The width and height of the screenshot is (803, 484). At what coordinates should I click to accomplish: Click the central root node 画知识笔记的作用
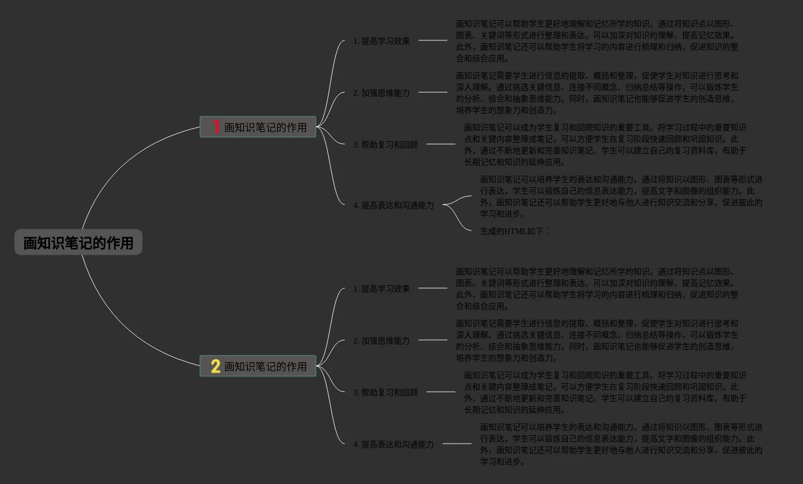(78, 243)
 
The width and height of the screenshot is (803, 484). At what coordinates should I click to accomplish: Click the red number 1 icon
(216, 127)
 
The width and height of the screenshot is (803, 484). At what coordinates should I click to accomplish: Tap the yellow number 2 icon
(216, 366)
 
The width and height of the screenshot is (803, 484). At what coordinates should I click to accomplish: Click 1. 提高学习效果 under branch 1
(382, 41)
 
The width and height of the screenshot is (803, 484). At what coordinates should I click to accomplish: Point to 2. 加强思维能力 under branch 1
(382, 93)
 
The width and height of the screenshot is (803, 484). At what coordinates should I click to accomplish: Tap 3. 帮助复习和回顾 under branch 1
(386, 145)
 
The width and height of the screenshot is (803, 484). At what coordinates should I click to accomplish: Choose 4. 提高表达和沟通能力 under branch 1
(394, 205)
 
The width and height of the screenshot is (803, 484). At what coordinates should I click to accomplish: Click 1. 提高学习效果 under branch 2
(382, 289)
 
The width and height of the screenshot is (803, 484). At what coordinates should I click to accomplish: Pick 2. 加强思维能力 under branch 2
(382, 341)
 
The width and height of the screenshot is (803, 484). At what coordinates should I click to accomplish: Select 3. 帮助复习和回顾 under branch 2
(386, 392)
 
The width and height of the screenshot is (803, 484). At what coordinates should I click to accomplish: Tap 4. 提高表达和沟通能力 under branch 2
(394, 444)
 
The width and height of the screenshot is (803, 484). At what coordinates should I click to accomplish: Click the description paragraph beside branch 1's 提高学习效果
(597, 41)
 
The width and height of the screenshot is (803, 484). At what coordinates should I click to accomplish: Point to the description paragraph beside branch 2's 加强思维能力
(597, 341)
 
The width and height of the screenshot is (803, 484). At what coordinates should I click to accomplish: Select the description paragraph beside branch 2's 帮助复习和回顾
(605, 392)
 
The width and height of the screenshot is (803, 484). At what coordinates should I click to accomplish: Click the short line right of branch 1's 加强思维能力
(432, 92)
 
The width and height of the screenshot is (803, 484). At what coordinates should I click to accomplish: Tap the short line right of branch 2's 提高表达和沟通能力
(457, 444)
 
